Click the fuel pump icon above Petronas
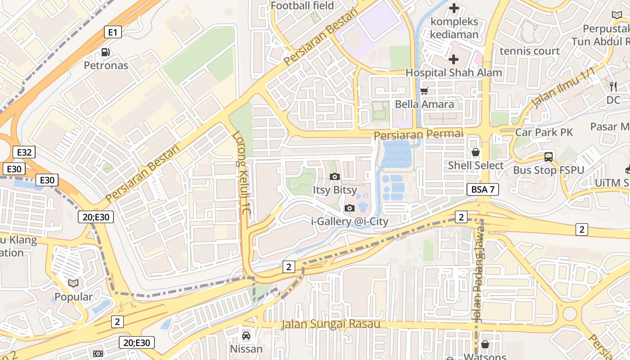pos(105,52)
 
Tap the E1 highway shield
pos(113,32)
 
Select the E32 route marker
pos(24,152)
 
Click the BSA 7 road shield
pos(483,189)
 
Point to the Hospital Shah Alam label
pos(454,72)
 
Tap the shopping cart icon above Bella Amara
pos(424,91)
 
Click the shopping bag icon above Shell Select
pos(476,153)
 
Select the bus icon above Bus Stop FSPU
pos(549,157)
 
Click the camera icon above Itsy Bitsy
pos(334,176)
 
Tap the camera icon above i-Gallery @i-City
pos(349,208)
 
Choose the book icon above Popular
pos(73,283)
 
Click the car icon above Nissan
pos(246,335)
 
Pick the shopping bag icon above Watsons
pos(485,345)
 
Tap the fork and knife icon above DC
pos(613,86)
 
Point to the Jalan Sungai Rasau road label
pos(331,324)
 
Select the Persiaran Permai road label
pos(418,134)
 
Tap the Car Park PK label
pos(544,132)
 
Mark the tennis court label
pos(530,51)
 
